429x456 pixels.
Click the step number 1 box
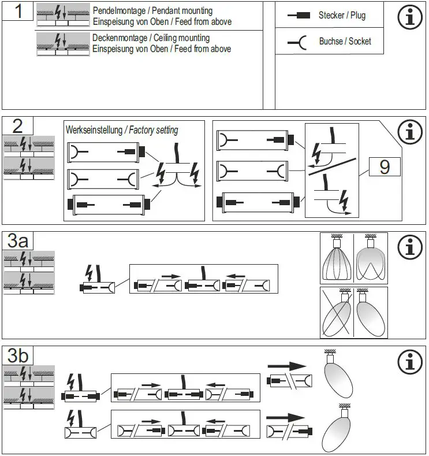18,11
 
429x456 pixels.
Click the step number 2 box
18,125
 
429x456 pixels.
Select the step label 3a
18,240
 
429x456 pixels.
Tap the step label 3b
18,355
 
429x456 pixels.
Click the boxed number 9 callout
385,167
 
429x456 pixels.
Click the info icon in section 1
410,17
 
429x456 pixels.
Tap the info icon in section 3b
410,362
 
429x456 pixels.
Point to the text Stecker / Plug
341,16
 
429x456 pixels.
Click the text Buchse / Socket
345,42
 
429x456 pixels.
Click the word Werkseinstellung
94,130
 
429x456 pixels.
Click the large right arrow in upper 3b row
286,366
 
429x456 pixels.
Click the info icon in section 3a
410,247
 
